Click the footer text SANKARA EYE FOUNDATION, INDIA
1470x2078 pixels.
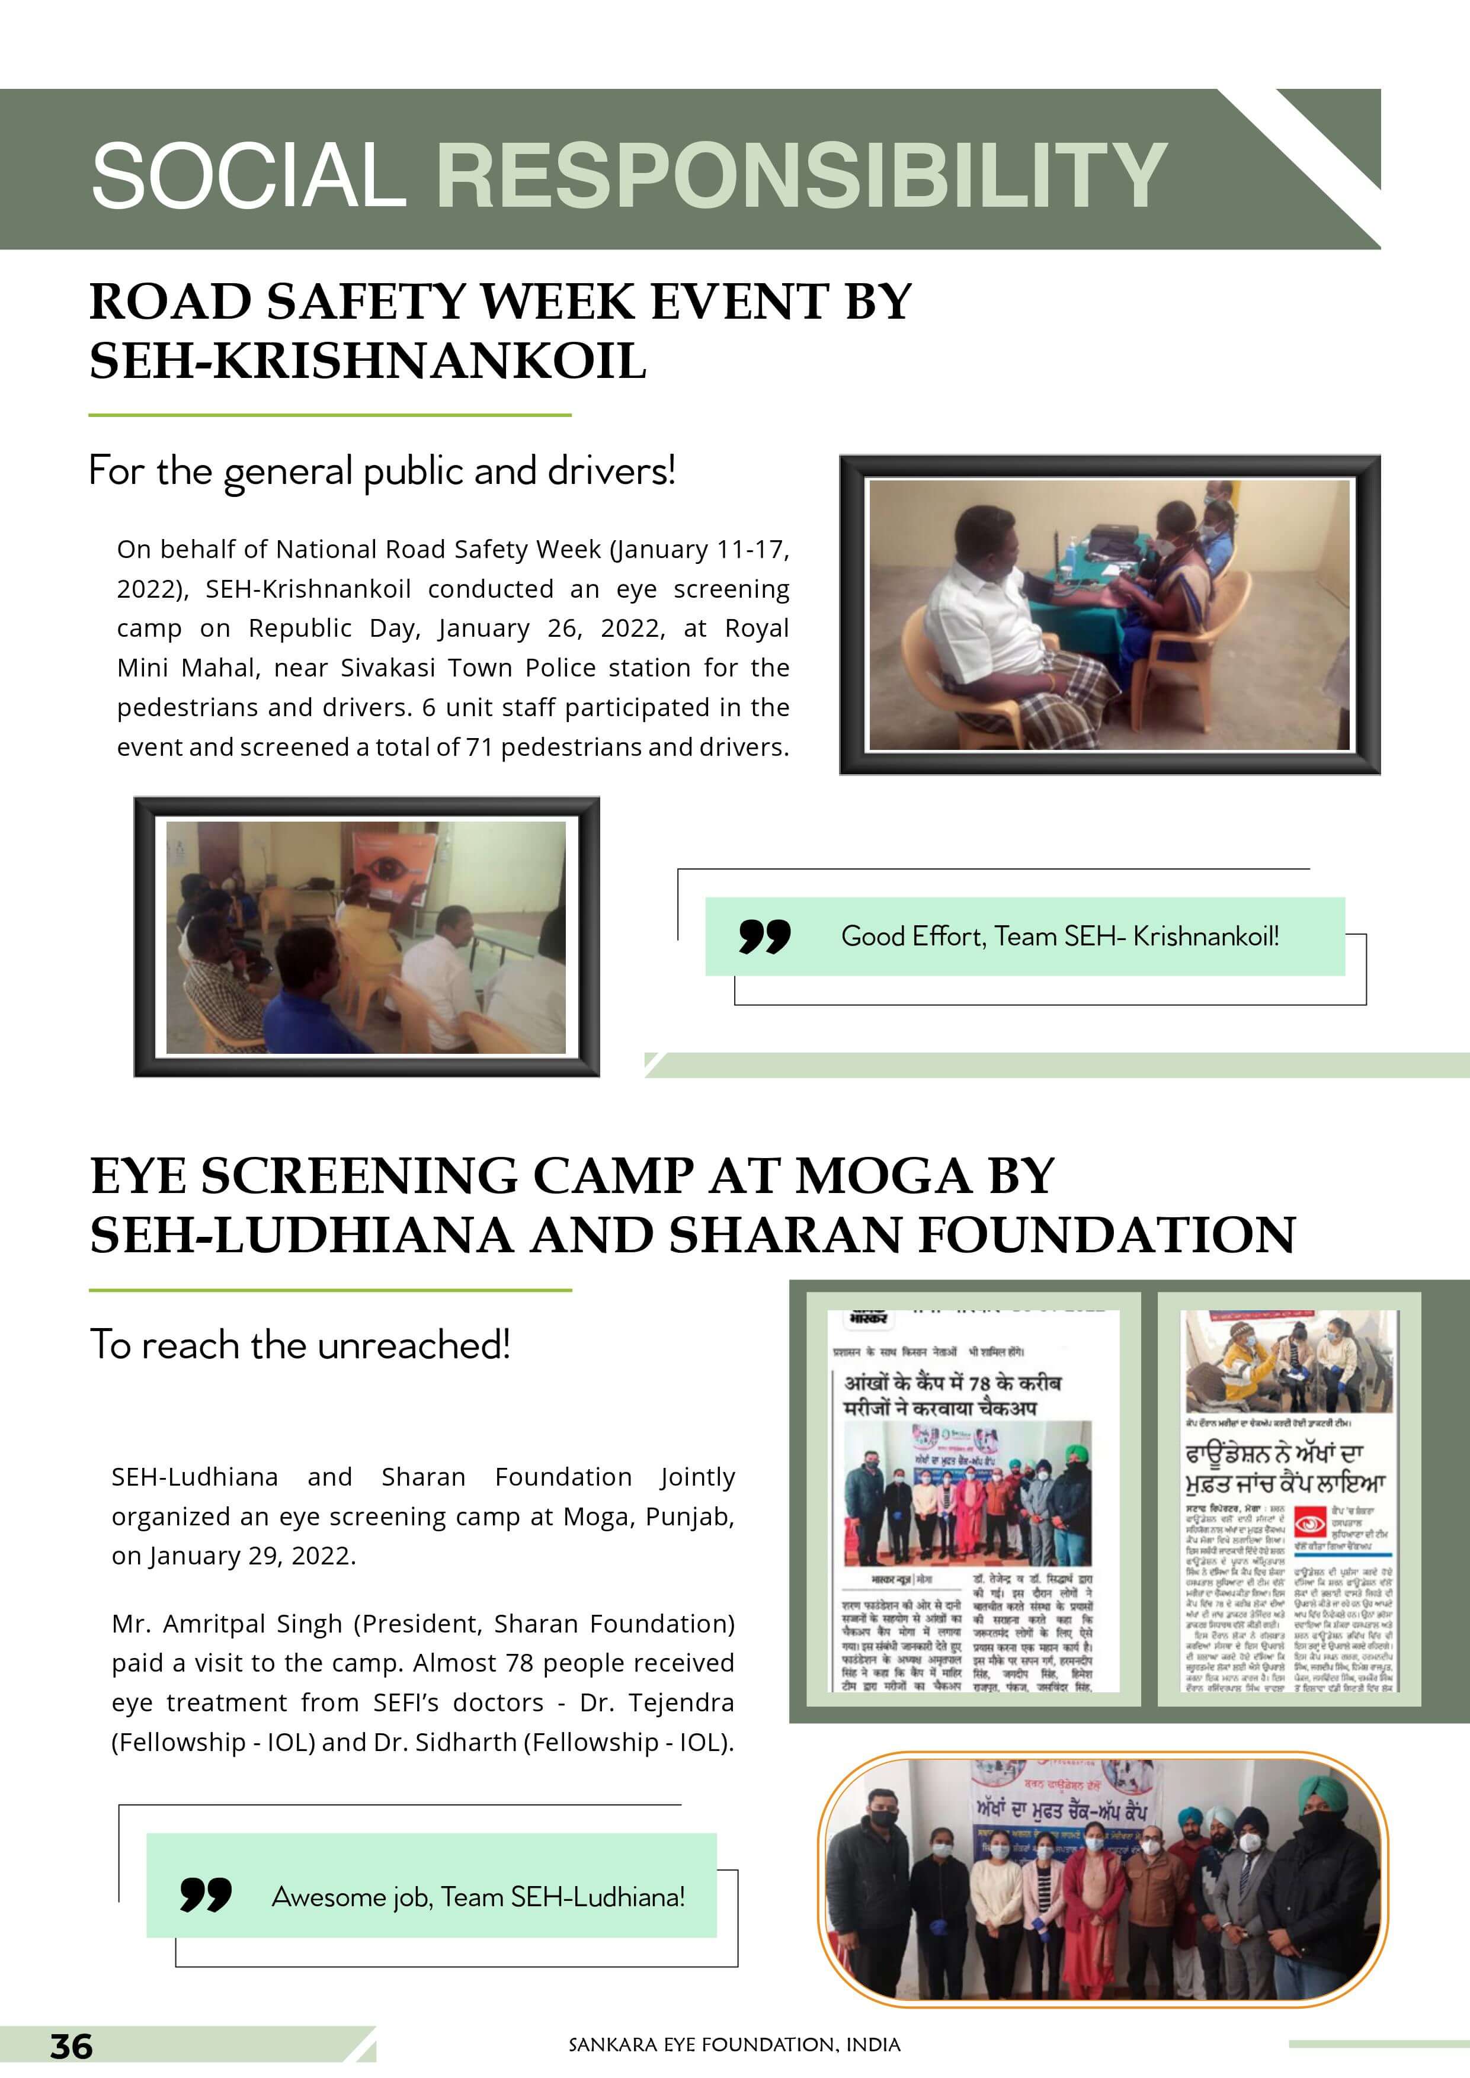734,2044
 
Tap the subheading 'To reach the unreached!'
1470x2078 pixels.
300,1345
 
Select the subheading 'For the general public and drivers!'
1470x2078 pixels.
382,470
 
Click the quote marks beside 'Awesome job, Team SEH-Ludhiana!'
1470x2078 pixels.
206,1894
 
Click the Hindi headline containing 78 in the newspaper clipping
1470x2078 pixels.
952,1396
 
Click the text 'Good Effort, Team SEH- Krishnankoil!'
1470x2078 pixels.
1060,936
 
